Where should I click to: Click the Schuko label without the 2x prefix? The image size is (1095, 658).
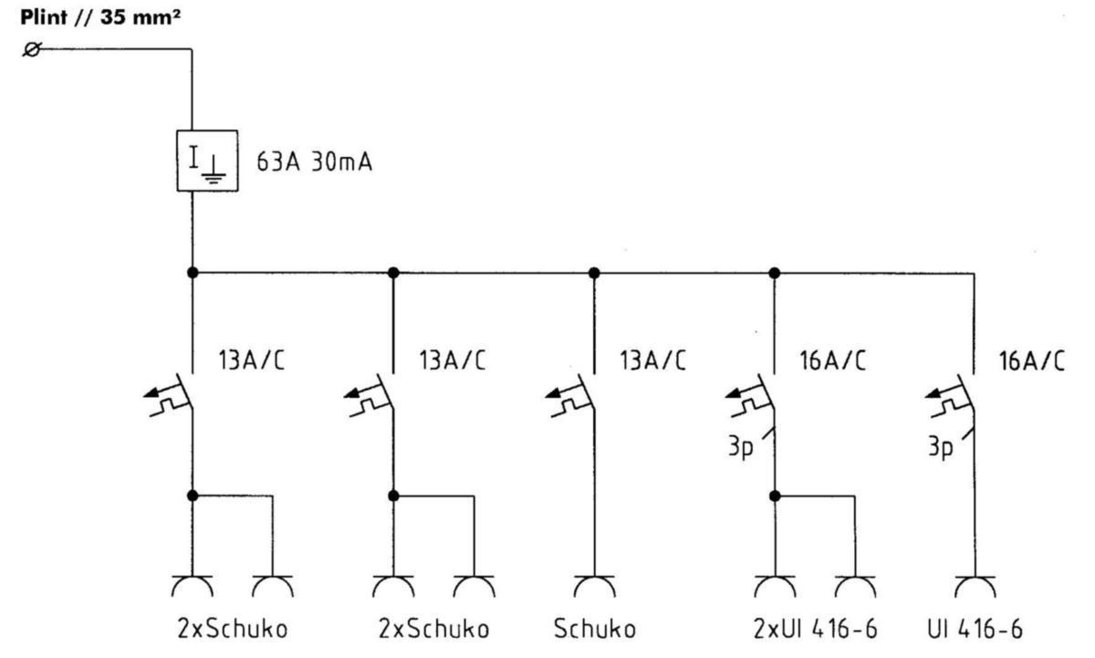tap(594, 629)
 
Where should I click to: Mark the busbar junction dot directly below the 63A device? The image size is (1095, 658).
tap(192, 272)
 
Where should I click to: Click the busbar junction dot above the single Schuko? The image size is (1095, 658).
tap(594, 272)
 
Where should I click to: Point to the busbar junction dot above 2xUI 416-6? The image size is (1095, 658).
tap(774, 272)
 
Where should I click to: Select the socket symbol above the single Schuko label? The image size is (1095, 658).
tap(594, 585)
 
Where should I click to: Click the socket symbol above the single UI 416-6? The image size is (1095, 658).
tap(974, 585)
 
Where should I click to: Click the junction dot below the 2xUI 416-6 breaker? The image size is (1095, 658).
tap(774, 496)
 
